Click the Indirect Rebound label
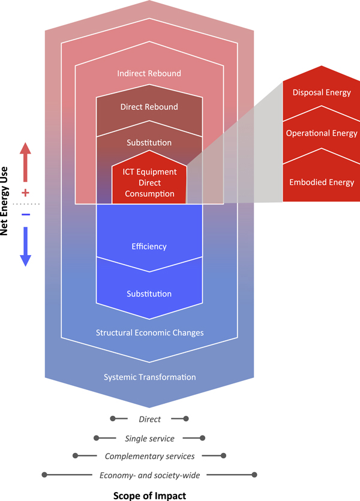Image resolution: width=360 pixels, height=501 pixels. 149,74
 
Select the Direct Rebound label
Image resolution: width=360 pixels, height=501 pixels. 149,107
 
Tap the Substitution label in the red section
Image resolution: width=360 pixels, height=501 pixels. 149,143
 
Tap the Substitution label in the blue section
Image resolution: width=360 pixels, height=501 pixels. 149,294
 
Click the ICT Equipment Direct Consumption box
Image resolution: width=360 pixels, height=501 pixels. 149,183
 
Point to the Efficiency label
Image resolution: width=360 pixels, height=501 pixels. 149,247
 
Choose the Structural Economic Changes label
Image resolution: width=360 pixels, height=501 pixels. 149,332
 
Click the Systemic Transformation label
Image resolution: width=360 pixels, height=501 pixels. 149,377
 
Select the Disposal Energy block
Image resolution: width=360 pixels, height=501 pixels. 322,92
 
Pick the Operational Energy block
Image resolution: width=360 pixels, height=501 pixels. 322,133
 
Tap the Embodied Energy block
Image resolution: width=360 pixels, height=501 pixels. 322,182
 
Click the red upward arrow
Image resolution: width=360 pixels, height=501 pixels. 25,162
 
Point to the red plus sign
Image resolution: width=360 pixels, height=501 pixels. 25,193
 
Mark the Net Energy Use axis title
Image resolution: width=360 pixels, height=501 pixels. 6,202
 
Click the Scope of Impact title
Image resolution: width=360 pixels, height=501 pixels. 149,496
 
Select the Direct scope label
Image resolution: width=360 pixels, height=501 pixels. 149,419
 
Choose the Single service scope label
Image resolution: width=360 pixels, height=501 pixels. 149,439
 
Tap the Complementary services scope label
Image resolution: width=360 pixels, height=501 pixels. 149,457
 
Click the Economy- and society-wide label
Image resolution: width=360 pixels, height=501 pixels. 149,475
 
